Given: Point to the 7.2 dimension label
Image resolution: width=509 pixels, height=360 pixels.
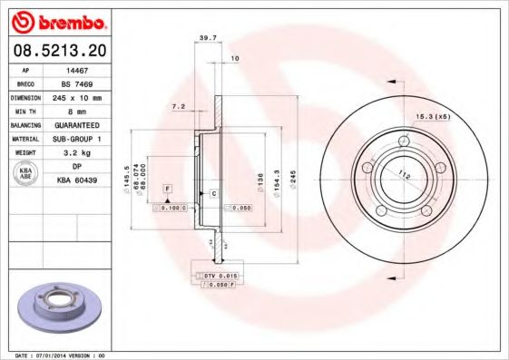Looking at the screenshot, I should click(x=178, y=107).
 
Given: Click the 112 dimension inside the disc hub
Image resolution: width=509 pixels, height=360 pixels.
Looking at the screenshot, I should click(x=405, y=175).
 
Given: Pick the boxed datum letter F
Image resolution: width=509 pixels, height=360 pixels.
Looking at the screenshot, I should click(x=168, y=187).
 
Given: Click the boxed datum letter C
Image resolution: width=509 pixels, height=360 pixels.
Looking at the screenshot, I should click(x=213, y=194).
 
